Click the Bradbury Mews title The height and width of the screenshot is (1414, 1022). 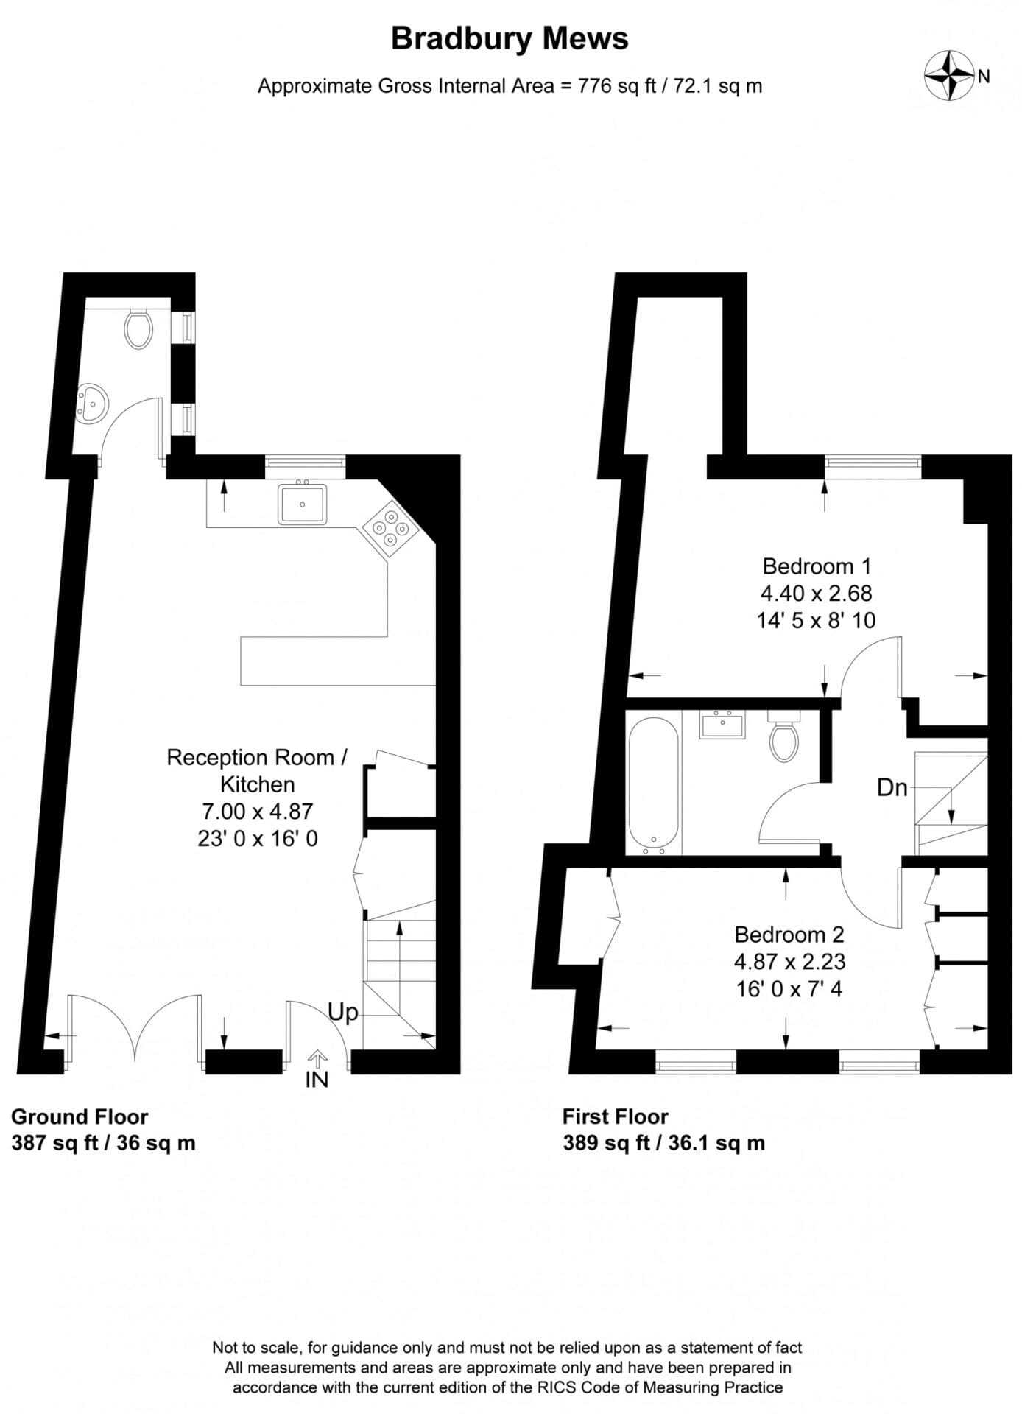point(510,38)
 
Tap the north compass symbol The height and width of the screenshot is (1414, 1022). point(950,75)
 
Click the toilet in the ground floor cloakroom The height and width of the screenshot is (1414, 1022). point(138,329)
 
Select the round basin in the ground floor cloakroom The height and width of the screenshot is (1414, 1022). point(93,404)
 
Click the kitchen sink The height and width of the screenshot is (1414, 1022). point(302,504)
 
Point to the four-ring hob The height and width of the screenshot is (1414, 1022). point(390,528)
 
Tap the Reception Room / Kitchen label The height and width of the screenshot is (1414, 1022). point(257,770)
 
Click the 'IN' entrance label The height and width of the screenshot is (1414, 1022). point(317,1080)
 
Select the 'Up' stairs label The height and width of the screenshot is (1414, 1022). point(342,1012)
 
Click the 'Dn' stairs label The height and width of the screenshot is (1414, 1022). point(892,787)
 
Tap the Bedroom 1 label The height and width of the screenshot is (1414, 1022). point(817,566)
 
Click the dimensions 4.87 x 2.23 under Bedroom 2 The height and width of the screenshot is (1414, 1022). point(789,961)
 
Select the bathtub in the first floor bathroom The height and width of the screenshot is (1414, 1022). point(653,782)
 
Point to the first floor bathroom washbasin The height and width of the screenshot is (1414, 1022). point(722,725)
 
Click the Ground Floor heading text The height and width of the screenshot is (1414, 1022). point(80,1116)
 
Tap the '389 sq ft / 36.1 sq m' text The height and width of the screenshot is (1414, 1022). point(663,1143)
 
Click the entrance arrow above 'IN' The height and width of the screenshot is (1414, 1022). point(317,1059)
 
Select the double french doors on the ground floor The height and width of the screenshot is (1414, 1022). point(135,1027)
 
